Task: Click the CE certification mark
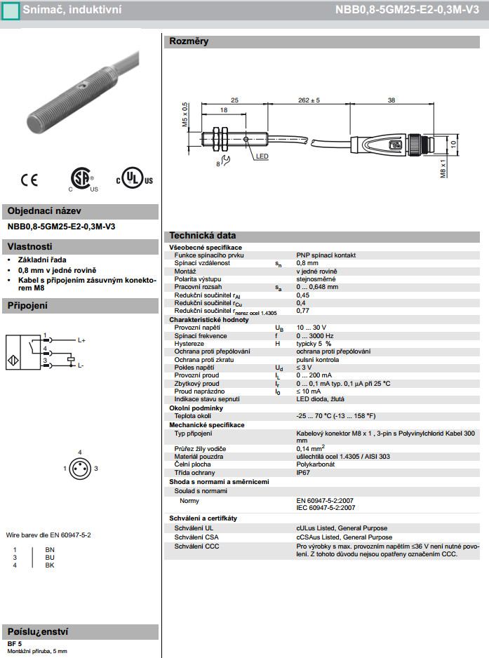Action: coord(29,180)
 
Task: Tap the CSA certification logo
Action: coord(83,180)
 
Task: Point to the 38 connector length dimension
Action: coord(391,100)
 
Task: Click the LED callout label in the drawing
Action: coord(262,156)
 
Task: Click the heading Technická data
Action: coord(203,236)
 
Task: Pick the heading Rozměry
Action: coord(189,41)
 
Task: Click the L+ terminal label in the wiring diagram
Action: coord(81,340)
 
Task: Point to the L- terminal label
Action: coord(81,365)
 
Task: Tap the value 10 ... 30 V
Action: coord(311,328)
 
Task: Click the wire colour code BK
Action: coord(49,565)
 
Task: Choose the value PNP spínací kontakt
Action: coord(326,255)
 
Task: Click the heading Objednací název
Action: coord(44,211)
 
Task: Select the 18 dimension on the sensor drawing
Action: coord(222,111)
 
